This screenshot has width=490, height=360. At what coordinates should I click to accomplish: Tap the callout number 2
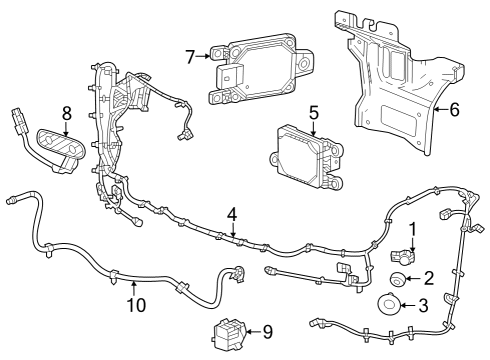click(428, 279)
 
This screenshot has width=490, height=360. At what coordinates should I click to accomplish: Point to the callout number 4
click(232, 213)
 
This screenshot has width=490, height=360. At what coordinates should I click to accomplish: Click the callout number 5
click(312, 112)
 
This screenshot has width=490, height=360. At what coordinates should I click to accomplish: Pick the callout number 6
click(454, 110)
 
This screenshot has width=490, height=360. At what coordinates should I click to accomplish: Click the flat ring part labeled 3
click(389, 305)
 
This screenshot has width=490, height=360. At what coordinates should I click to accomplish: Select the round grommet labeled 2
click(396, 279)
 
